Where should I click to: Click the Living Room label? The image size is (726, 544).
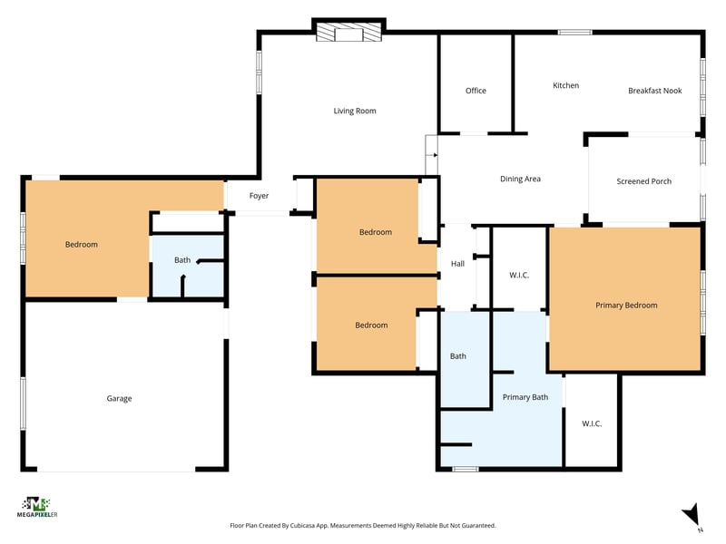(x=355, y=111)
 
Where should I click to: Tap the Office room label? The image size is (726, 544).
(x=476, y=91)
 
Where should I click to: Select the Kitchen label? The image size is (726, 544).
(x=565, y=85)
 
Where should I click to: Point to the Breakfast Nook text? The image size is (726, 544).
(x=654, y=91)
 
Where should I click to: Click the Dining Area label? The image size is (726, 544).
(x=520, y=179)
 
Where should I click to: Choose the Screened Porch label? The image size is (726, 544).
(x=643, y=181)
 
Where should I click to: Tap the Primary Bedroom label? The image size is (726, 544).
(x=626, y=306)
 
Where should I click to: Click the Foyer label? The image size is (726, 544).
(x=259, y=196)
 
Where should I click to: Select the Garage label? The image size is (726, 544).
(x=119, y=398)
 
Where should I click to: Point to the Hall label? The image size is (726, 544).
(x=457, y=264)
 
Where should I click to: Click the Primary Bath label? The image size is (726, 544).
(x=525, y=397)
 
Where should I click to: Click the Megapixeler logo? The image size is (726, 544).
(x=37, y=508)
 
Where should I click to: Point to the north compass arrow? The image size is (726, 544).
(x=692, y=514)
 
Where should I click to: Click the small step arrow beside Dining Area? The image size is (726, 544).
(x=434, y=155)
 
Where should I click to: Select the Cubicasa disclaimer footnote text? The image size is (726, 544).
(x=362, y=526)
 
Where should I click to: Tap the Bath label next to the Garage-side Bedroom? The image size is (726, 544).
(x=182, y=260)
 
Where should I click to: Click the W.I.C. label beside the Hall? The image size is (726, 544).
(x=519, y=276)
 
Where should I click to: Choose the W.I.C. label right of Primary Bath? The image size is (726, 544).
(x=592, y=423)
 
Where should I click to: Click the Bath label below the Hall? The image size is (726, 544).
(x=458, y=356)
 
